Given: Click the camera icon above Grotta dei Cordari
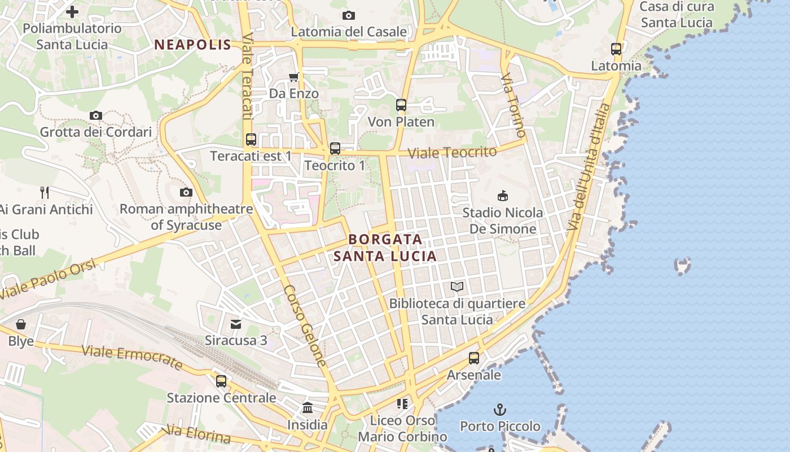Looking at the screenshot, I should coord(96,115).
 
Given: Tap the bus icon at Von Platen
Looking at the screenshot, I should coord(401,105).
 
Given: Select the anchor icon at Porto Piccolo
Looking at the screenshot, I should coord(499,409).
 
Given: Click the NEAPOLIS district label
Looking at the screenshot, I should coord(193,45).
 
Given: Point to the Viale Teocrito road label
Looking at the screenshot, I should coord(452,153).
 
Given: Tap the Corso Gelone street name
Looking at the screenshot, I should coord(305,325).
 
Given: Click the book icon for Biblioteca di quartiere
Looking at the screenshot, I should coord(457,287).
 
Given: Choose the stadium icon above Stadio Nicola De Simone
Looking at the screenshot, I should coord(502,196).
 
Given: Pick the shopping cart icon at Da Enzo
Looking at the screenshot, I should coord(293,77).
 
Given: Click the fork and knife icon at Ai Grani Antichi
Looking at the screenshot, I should coord(45,193).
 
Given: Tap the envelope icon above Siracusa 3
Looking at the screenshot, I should coord(236,324).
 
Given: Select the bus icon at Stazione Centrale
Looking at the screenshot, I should coord(221,381).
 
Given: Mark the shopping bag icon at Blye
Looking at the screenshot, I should coord(21,324).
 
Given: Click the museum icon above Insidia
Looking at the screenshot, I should coord(308,407).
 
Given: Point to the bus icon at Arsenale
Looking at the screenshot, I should coord(474,358).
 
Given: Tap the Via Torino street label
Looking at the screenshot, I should coord(513,105).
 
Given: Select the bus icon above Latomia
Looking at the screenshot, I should coord(616,49).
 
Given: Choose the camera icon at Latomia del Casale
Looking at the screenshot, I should coord(349,15).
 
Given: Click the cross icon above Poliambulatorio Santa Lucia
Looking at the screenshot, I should coord(72,11).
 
